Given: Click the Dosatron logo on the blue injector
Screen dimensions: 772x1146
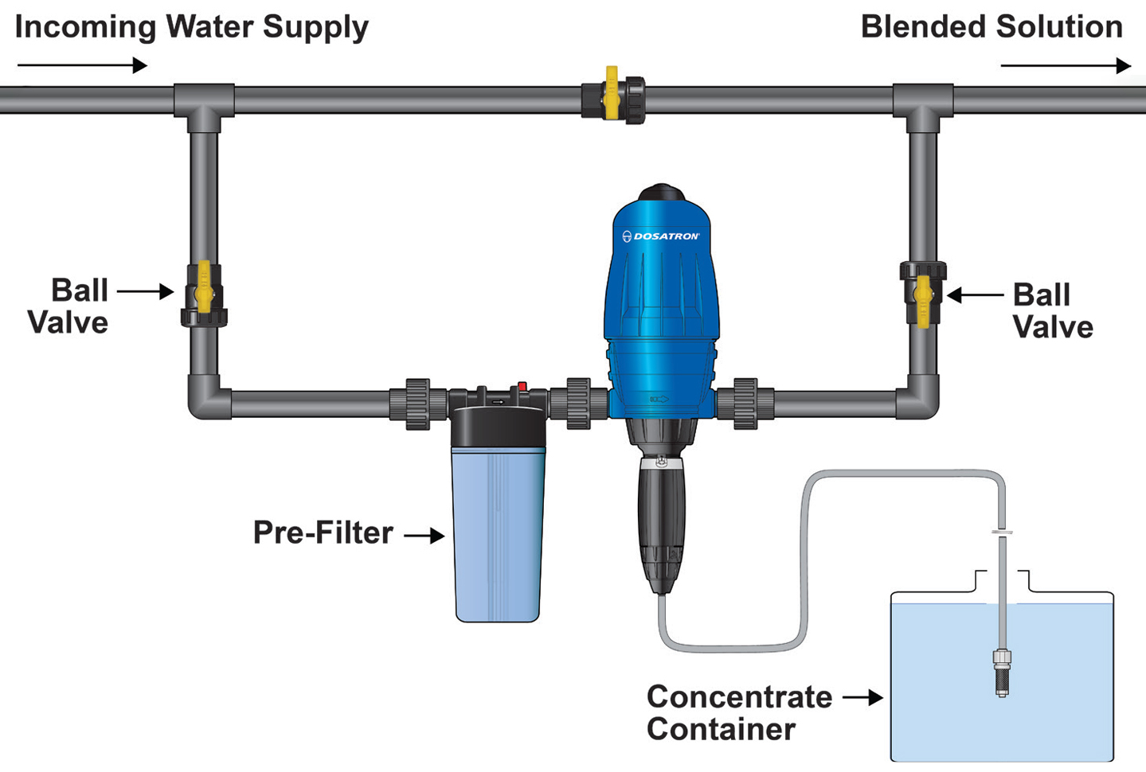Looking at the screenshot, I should click(660, 236).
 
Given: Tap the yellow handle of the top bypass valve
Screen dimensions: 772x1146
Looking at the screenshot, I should click(612, 92).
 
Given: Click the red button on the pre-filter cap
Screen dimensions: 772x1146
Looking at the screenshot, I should click(522, 387).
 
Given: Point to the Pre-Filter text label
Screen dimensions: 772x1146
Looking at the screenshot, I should click(323, 532).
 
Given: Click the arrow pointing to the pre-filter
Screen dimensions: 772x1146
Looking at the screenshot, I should click(424, 536).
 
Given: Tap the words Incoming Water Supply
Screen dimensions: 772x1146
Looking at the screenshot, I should click(191, 27).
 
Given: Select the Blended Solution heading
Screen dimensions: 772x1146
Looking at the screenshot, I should click(992, 27).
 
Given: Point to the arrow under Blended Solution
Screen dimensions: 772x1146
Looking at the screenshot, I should click(1065, 65).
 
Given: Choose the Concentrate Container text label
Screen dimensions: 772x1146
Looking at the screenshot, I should click(738, 712).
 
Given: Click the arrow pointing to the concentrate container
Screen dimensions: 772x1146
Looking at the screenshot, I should click(862, 698).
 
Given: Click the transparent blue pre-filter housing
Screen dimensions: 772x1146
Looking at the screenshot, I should click(499, 533).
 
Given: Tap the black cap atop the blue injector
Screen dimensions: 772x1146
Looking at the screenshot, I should click(662, 193).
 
